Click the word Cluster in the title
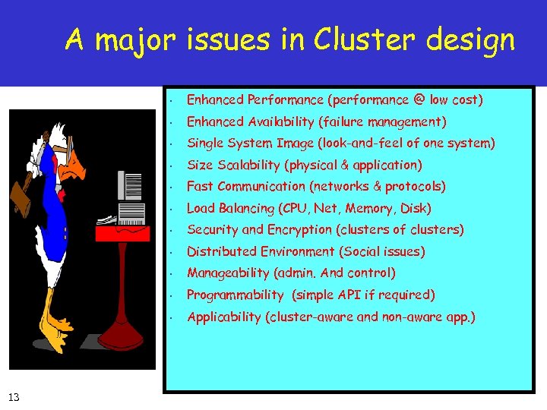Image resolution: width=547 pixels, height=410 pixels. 374,39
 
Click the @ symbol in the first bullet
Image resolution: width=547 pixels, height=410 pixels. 420,99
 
